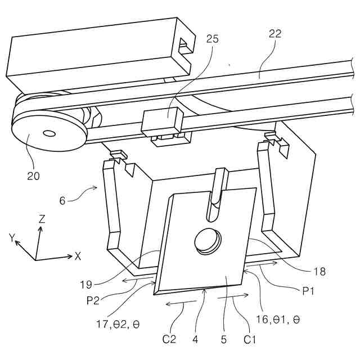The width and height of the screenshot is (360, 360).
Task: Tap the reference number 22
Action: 274,34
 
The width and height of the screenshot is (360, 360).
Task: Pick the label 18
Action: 319,272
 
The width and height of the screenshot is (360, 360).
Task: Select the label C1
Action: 250,339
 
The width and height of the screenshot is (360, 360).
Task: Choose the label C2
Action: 170,339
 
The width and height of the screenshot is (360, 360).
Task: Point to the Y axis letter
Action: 11,238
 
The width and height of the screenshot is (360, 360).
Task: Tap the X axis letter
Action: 78,256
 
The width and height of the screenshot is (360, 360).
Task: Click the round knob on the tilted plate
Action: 206,240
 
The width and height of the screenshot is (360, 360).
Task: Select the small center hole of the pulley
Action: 49,133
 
